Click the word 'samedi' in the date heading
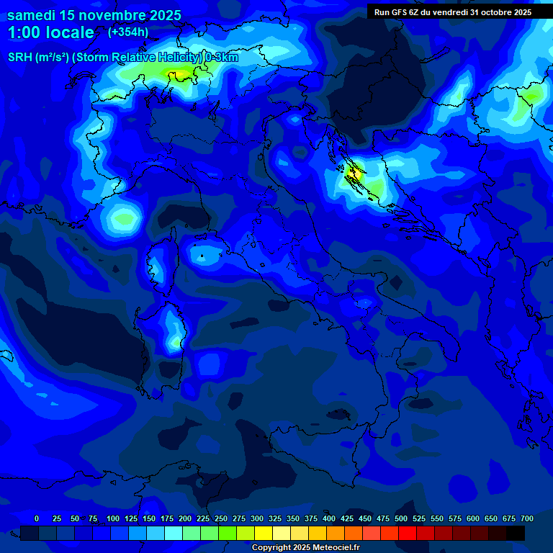32,15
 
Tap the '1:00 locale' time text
51,32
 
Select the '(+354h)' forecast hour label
128,32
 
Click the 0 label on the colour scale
37,518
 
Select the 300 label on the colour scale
257,518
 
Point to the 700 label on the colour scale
527,518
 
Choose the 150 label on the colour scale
149,518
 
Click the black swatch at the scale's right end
516,534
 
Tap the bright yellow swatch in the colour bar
264,534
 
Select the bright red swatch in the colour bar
408,534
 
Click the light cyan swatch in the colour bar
174,534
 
